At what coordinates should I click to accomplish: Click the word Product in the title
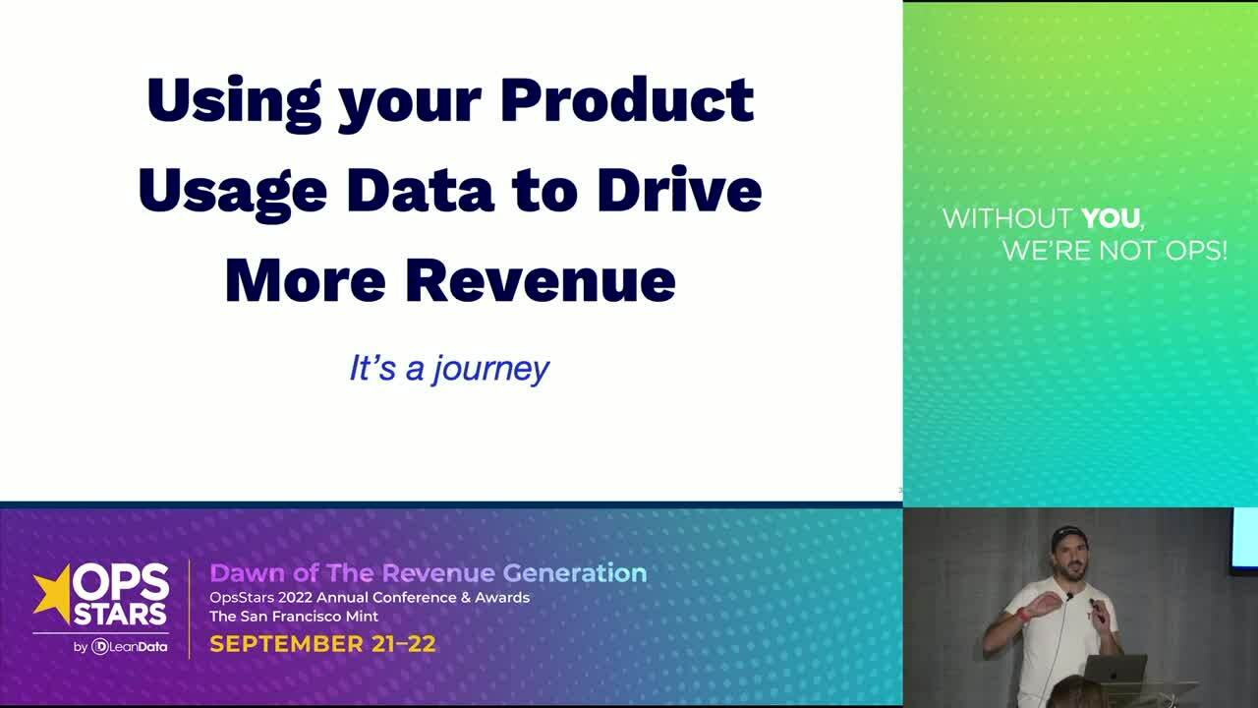[x=627, y=100]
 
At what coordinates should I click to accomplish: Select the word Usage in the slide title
[x=232, y=190]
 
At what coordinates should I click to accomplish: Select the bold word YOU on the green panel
[x=1112, y=218]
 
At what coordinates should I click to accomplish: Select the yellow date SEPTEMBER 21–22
[x=322, y=644]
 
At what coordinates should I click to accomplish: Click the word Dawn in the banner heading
[x=240, y=573]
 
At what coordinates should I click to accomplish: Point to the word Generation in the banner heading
[x=574, y=573]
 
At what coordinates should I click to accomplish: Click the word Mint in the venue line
[x=360, y=617]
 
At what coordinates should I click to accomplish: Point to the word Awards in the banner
[x=503, y=598]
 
